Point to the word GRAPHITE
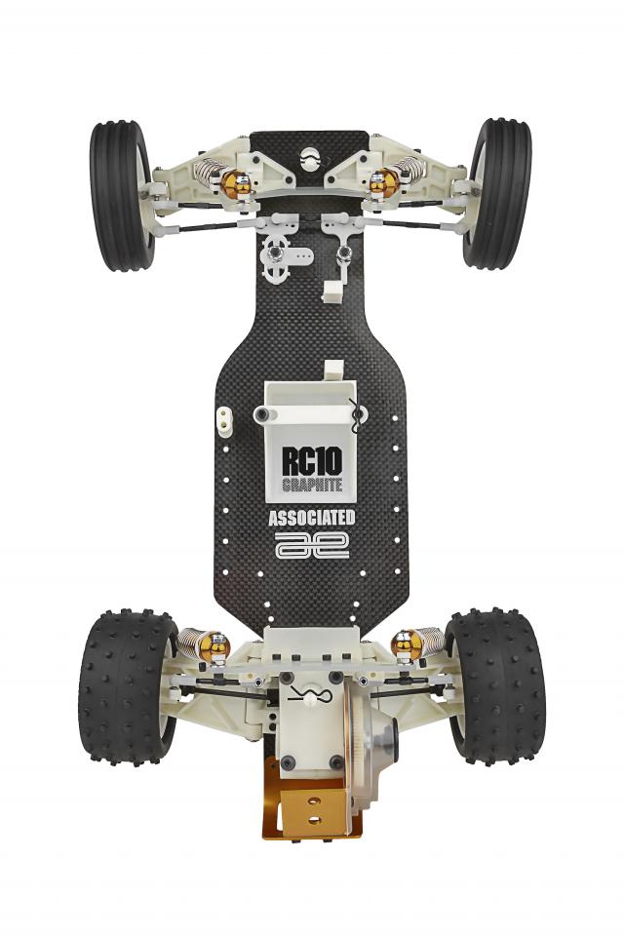[308, 484]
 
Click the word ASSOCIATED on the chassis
[312, 519]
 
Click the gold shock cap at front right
[384, 180]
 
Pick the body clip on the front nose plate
[309, 157]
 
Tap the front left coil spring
[205, 173]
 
